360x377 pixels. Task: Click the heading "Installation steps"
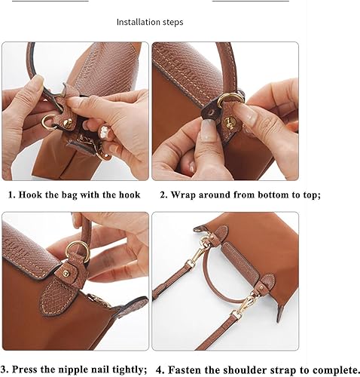(x=149, y=22)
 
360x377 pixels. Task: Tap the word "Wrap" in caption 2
(x=191, y=194)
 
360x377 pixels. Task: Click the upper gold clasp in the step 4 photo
(x=203, y=243)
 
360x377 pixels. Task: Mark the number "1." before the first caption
(x=11, y=194)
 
